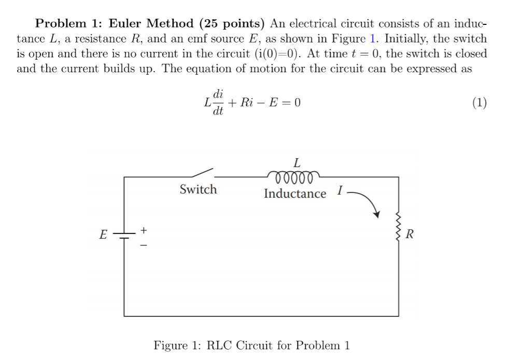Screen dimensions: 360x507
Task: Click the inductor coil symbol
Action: tap(294, 178)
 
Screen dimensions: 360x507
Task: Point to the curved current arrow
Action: tap(365, 203)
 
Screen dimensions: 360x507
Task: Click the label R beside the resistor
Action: tap(410, 235)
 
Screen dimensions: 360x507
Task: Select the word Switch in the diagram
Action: tap(198, 189)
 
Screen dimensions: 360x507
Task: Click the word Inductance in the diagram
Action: tap(295, 194)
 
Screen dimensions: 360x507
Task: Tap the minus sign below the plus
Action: tap(145, 244)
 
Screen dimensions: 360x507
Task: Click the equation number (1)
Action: tap(479, 103)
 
